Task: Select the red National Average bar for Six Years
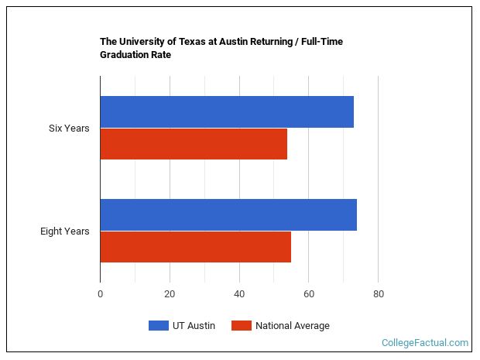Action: [x=194, y=144]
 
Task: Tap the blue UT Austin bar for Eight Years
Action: [x=228, y=215]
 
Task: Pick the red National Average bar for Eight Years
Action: [x=195, y=247]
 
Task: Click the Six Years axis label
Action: [x=69, y=129]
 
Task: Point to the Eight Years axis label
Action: [x=65, y=231]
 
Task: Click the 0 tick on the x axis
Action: [x=100, y=294]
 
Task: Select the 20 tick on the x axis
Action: [x=170, y=294]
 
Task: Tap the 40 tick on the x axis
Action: [x=239, y=294]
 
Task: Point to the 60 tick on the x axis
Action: [x=308, y=294]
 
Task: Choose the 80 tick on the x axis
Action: [x=378, y=294]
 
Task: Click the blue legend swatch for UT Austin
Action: [x=159, y=326]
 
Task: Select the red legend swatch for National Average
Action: [x=242, y=326]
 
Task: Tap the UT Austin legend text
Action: [x=195, y=326]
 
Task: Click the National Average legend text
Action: [x=293, y=326]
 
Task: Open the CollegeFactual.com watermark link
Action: [x=425, y=342]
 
